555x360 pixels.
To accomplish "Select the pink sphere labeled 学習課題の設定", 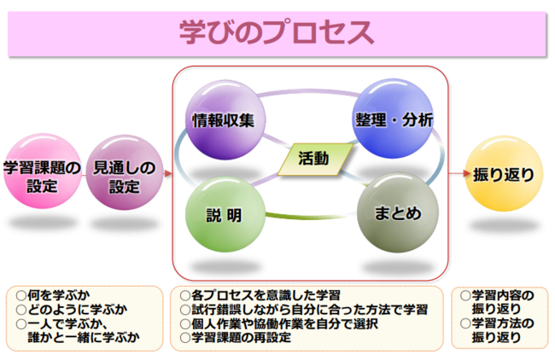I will tap(42, 176).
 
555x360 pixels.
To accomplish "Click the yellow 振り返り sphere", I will tap(504, 176).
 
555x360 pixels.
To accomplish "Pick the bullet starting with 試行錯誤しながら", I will tap(304, 309).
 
